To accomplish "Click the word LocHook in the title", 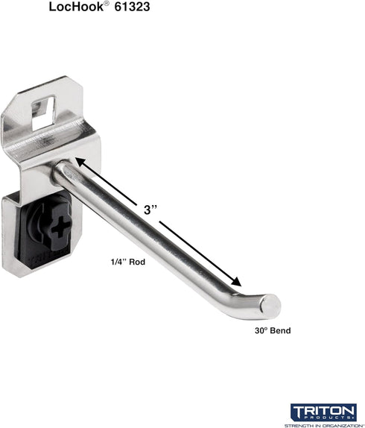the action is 76,7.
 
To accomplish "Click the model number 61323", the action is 132,7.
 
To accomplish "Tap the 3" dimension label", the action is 150,210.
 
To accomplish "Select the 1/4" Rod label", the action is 127,262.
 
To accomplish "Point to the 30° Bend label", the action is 273,330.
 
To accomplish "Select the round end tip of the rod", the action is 270,306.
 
